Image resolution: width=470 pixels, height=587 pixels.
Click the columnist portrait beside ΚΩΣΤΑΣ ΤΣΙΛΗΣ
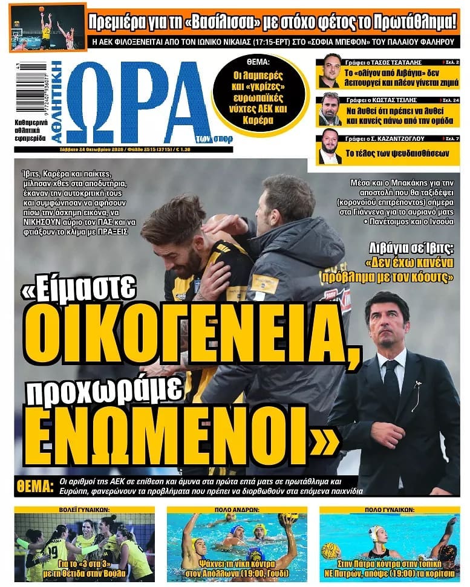pos(331,109)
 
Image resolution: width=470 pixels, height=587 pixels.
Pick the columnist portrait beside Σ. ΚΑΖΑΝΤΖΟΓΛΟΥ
pos(331,146)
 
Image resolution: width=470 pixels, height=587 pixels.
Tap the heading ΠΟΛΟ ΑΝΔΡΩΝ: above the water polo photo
pos(237,510)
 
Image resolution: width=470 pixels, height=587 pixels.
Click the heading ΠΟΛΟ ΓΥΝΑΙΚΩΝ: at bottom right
pos(389,510)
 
